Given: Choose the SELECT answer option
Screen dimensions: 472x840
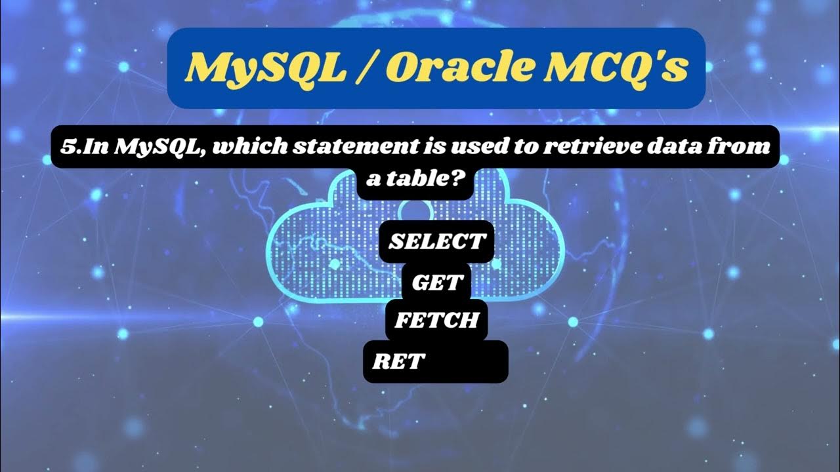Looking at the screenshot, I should [x=436, y=242].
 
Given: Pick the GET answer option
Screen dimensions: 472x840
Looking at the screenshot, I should [x=438, y=283].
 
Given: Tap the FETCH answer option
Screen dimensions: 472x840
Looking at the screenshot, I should [x=436, y=321].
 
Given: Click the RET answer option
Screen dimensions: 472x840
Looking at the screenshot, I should [x=398, y=361].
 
